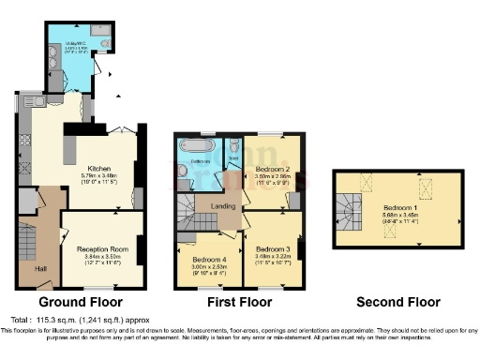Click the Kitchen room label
pyautogui.click(x=99, y=170)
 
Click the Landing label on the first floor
pyautogui.click(x=223, y=207)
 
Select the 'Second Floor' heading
pyautogui.click(x=398, y=303)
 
